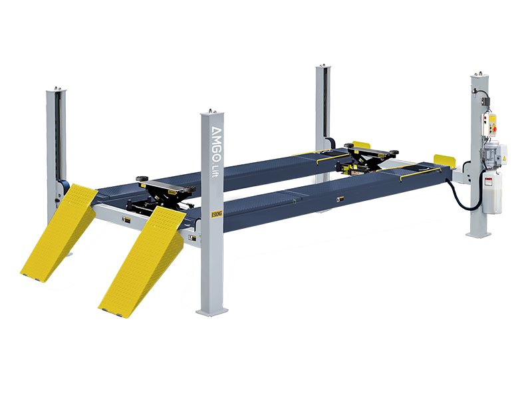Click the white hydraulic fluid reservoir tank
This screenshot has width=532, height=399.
(491, 194)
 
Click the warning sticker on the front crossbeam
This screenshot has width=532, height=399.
(123, 218)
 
